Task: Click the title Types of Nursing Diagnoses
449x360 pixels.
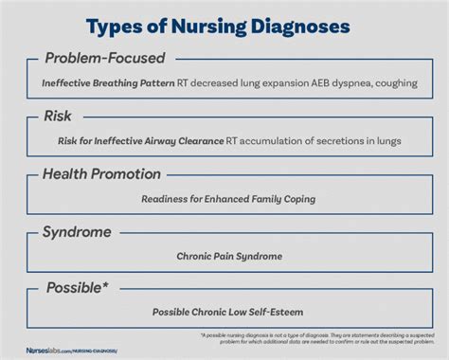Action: [224, 23]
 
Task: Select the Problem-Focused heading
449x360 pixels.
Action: [104, 59]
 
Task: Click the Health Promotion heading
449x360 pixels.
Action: [102, 174]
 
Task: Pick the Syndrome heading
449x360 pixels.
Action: [78, 232]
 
